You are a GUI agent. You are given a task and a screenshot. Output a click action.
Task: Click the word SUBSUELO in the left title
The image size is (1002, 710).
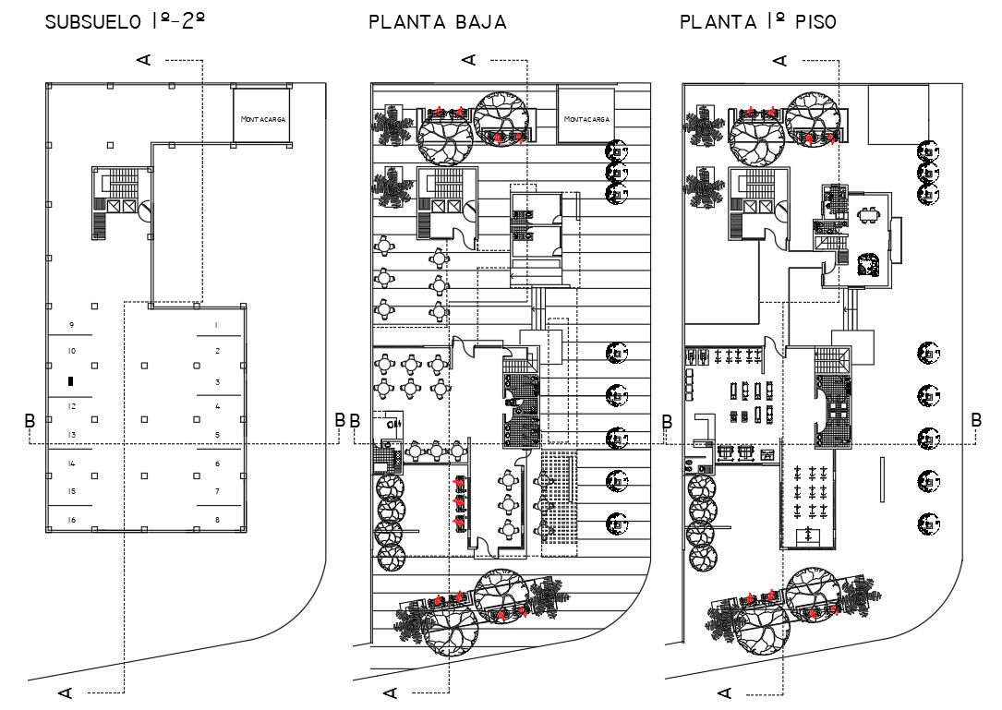coord(93,22)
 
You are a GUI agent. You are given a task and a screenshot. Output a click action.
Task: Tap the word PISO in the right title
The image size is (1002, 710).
coord(815,22)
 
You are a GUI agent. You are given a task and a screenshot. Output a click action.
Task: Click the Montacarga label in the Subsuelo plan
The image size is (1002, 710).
coord(262,119)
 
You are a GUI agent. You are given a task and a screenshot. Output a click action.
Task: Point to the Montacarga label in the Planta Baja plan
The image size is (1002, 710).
coord(586,119)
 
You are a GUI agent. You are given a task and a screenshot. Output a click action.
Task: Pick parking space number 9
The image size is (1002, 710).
coord(72,325)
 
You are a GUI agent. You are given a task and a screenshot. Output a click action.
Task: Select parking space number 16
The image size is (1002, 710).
coord(72,520)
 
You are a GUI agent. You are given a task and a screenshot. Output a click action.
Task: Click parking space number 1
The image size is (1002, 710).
coord(217,325)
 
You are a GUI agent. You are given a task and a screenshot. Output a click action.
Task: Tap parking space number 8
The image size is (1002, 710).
coord(217,520)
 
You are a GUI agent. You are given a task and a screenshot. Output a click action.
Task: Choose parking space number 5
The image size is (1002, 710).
coord(217,435)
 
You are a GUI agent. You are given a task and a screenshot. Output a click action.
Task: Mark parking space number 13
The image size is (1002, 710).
coord(72,435)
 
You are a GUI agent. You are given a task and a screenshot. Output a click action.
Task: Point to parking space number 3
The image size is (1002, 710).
coord(217,382)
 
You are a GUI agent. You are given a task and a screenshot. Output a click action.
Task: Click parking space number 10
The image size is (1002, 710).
coord(72,351)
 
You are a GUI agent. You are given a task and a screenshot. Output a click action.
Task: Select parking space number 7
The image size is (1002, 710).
coord(217,491)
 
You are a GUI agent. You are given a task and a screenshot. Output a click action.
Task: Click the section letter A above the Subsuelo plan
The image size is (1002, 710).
coord(145,59)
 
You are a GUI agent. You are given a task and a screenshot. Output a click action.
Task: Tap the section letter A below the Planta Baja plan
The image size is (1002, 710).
coord(391,692)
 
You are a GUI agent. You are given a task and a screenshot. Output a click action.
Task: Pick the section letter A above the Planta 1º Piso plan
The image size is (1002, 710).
coord(780,60)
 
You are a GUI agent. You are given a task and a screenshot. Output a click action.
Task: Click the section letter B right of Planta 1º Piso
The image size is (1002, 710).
coord(976,420)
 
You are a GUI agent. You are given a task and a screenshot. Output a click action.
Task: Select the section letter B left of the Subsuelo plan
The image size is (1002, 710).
coord(30,420)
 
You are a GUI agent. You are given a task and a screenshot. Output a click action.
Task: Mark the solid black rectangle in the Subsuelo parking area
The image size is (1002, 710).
coord(71,381)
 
